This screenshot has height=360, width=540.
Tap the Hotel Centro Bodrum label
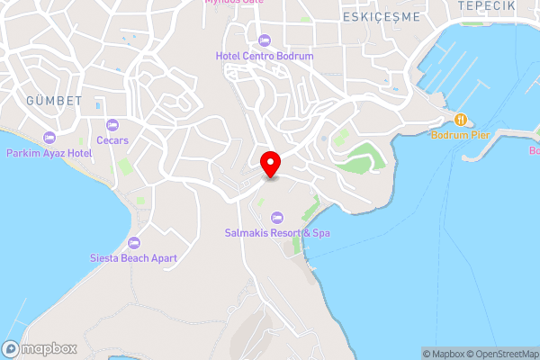pyautogui.click(x=265, y=56)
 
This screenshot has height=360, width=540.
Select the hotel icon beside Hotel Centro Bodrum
pyautogui.click(x=265, y=40)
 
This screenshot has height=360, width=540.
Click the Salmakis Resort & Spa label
pyautogui.click(x=277, y=232)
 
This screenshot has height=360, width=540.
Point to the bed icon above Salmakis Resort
pyautogui.click(x=277, y=217)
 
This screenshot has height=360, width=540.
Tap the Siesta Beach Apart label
pyautogui.click(x=135, y=258)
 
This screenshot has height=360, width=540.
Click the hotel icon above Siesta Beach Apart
pyautogui.click(x=135, y=243)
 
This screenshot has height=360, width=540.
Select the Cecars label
pyautogui.click(x=112, y=140)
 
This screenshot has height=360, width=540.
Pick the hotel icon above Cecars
pyautogui.click(x=112, y=125)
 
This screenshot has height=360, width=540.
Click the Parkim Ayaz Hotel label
pyautogui.click(x=49, y=154)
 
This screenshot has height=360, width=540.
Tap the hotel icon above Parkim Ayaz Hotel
pyautogui.click(x=49, y=138)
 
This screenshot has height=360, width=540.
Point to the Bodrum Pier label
pyautogui.click(x=460, y=134)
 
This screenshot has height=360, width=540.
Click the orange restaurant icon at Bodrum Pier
pyautogui.click(x=460, y=119)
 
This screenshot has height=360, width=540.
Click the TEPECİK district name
pyautogui.click(x=486, y=6)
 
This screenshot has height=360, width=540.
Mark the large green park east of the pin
pyautogui.click(x=365, y=159)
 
